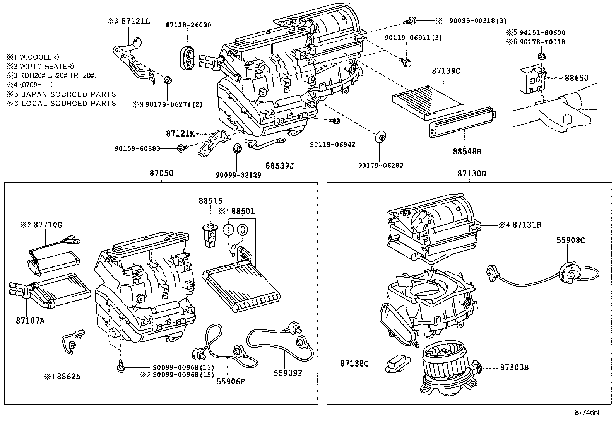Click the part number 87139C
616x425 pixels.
pos(446,71)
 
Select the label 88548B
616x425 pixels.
pos(467,152)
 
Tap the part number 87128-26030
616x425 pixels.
pos(188,25)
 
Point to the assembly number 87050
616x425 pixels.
pos(161,173)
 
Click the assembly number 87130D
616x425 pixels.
pos(471,173)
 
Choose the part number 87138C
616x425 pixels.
pos(354,364)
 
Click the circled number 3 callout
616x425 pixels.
pos(243,229)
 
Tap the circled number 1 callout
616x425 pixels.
pos(229,229)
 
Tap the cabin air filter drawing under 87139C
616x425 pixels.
pos(428,102)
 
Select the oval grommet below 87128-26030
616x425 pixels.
pos(188,58)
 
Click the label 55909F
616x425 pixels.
pos(287,373)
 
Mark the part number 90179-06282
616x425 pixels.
pos(381,166)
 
